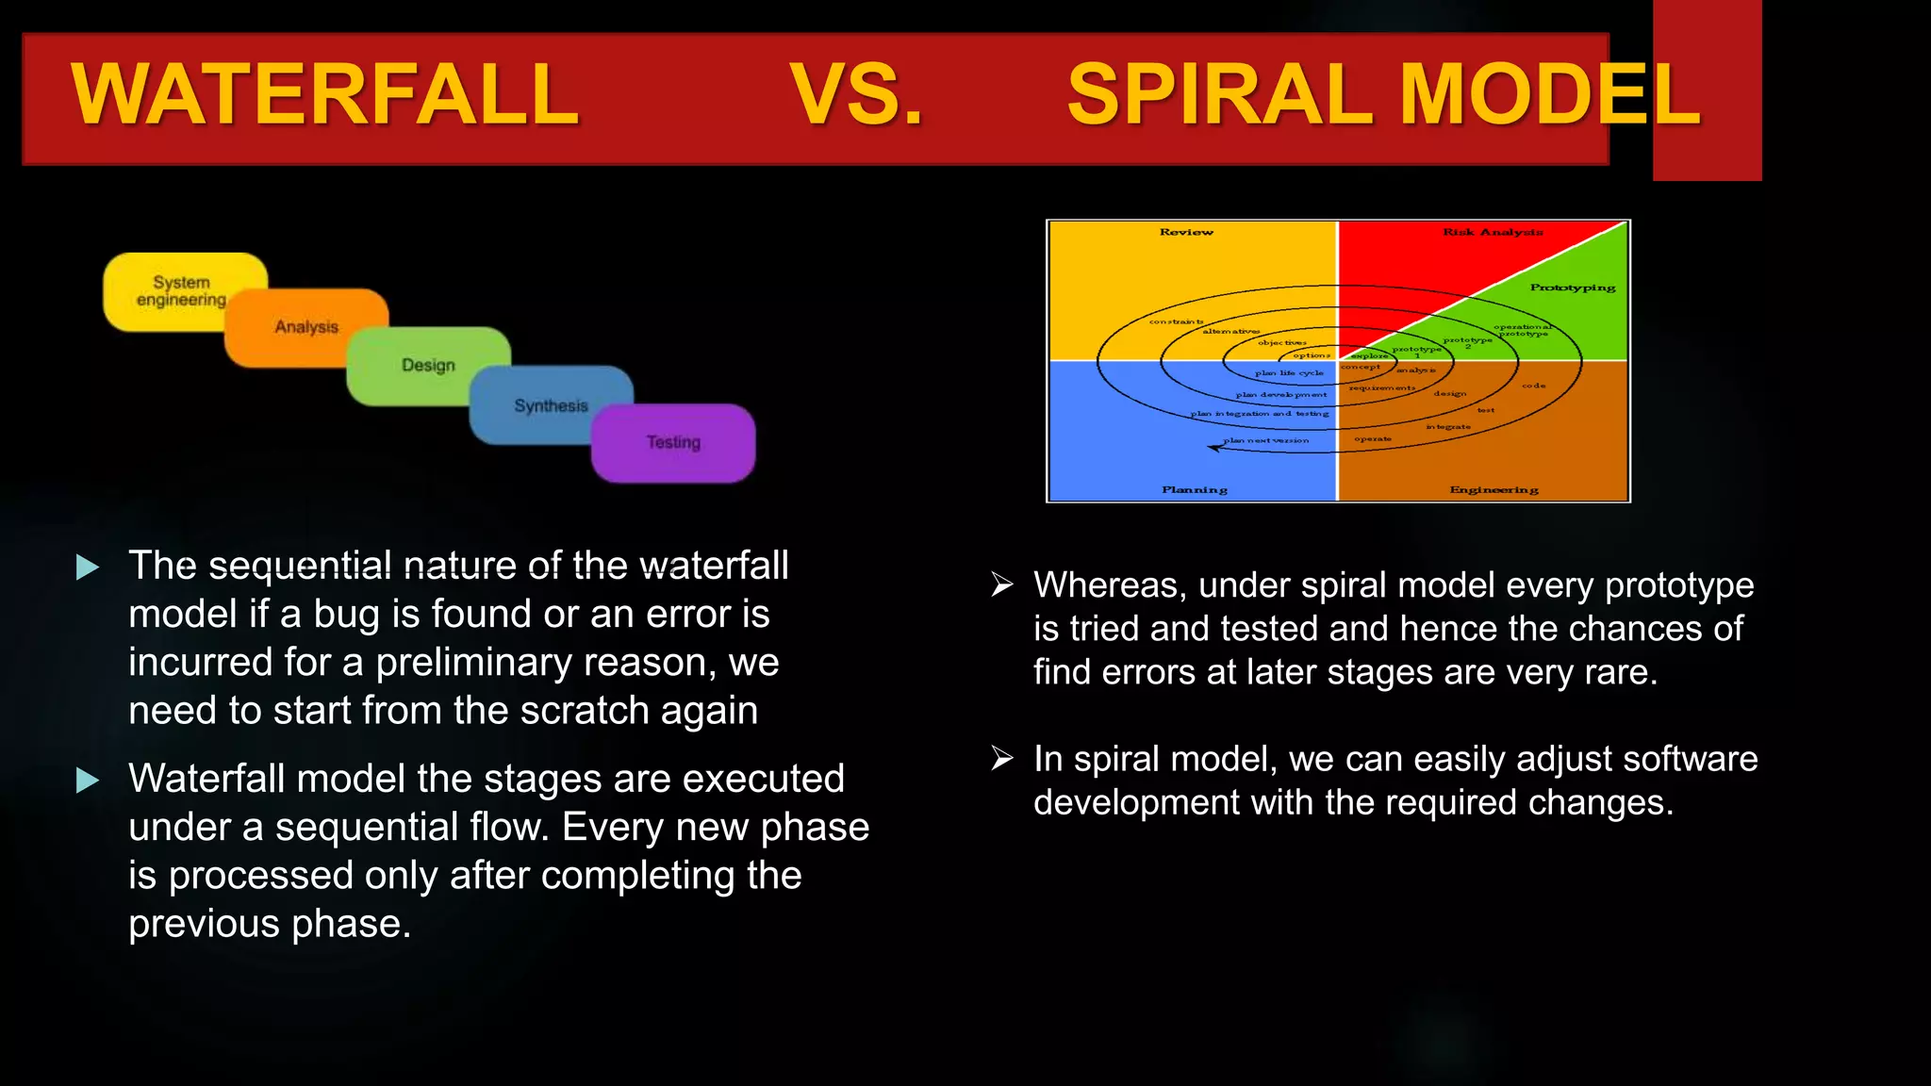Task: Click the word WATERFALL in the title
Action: point(325,94)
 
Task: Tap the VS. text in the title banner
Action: point(856,94)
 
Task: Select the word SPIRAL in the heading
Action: point(1223,94)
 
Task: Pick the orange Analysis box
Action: point(305,327)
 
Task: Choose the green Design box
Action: point(428,365)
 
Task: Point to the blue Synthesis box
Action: point(551,405)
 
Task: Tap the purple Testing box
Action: point(673,442)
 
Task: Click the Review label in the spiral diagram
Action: point(1186,232)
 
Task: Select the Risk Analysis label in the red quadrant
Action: point(1493,232)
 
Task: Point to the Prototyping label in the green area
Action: point(1572,288)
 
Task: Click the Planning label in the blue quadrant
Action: point(1194,490)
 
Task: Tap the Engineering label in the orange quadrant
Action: point(1494,490)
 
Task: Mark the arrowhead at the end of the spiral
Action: point(1214,448)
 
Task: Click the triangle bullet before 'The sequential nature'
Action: point(88,567)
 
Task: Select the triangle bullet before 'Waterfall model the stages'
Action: point(88,780)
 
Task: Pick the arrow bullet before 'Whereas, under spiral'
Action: point(1001,585)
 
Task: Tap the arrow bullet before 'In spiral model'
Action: point(1001,759)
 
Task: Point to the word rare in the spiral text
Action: point(1626,672)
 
